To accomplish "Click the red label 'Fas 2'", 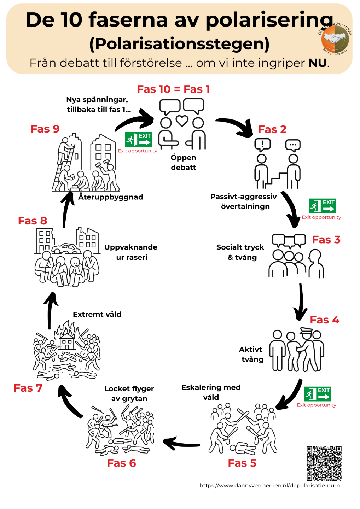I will pos(272,130).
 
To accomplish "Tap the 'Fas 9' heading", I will pos(45,129).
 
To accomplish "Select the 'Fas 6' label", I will pos(121,463).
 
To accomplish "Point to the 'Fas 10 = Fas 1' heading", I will pos(173,89).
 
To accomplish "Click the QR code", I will pos(324,463).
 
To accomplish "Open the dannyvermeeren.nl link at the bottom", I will pos(271,486).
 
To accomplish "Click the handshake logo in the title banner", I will pos(335,39).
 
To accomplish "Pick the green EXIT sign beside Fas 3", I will pos(322,206).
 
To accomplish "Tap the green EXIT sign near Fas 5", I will pos(317,394).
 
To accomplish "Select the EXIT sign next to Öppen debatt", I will pos(138,140).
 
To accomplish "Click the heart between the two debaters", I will pos(182,121).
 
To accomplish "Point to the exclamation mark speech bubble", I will pos(262,144).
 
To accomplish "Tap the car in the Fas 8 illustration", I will pos(66,248).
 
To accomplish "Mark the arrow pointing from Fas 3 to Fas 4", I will pos(301,302).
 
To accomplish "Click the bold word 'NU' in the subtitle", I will pos(318,63).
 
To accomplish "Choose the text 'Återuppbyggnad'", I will pos(111,197).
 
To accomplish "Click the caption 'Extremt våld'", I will pos(97,314).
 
